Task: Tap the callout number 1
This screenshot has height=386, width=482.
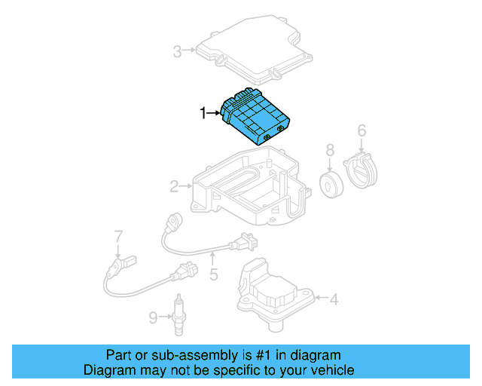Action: pos(202,113)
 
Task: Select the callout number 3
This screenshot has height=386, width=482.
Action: pos(178,51)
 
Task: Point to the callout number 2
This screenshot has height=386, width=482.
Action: pos(174,185)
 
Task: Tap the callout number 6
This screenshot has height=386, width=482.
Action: pos(361,131)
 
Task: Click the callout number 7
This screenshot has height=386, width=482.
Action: pos(118,236)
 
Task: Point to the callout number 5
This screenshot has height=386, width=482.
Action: pos(213,274)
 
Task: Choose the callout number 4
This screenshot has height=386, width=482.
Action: pos(334,299)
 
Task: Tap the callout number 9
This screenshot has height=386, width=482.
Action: pos(153,318)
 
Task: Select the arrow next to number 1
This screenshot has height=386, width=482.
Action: pos(214,114)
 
